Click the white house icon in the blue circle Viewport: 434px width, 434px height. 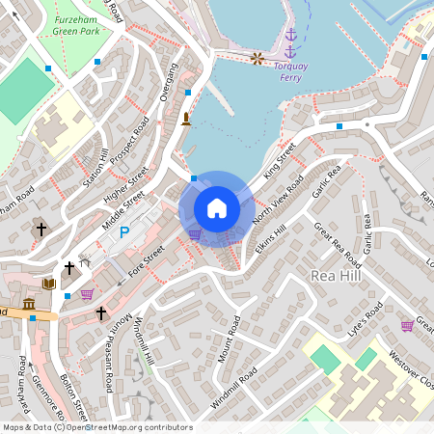pos(217,208)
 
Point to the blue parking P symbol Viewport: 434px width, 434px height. pos(123,231)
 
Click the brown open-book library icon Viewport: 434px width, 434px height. pos(48,284)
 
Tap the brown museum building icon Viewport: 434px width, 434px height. pos(29,305)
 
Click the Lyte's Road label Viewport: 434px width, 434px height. pos(366,319)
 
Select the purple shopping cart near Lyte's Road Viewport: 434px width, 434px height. pos(407,325)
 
